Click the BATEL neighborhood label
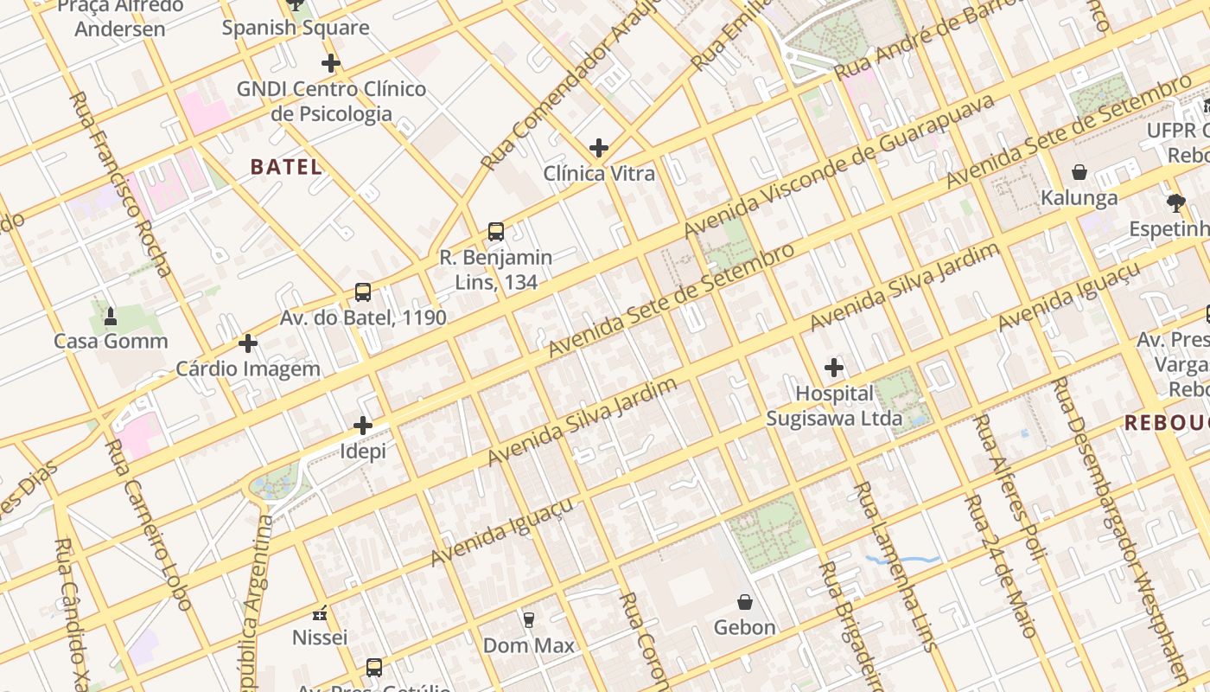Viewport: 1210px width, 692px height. pyautogui.click(x=286, y=167)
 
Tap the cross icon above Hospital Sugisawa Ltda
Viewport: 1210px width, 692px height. pyautogui.click(x=834, y=368)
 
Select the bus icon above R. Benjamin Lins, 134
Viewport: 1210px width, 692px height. pyautogui.click(x=495, y=232)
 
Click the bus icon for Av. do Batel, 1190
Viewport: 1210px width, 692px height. pyautogui.click(x=363, y=292)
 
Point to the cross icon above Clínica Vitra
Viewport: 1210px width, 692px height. pyautogui.click(x=598, y=148)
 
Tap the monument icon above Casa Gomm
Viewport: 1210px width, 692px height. pyautogui.click(x=111, y=317)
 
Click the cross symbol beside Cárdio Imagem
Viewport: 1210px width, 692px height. pyautogui.click(x=248, y=343)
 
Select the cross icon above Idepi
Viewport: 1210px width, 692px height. pyautogui.click(x=363, y=426)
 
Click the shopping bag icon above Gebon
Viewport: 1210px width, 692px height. pyautogui.click(x=745, y=602)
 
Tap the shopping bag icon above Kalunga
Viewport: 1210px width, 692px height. pyautogui.click(x=1079, y=172)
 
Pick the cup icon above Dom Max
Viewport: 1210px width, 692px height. pyautogui.click(x=528, y=620)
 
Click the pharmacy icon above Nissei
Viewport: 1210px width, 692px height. pyautogui.click(x=320, y=614)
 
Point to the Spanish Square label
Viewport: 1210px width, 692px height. pyautogui.click(x=296, y=28)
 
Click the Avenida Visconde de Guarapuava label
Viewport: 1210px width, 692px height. pyautogui.click(x=838, y=166)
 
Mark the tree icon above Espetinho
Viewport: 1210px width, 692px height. pyautogui.click(x=1175, y=203)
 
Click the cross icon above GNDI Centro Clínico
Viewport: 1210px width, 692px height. pyautogui.click(x=330, y=63)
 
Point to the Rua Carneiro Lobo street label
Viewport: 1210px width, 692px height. pyautogui.click(x=146, y=524)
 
